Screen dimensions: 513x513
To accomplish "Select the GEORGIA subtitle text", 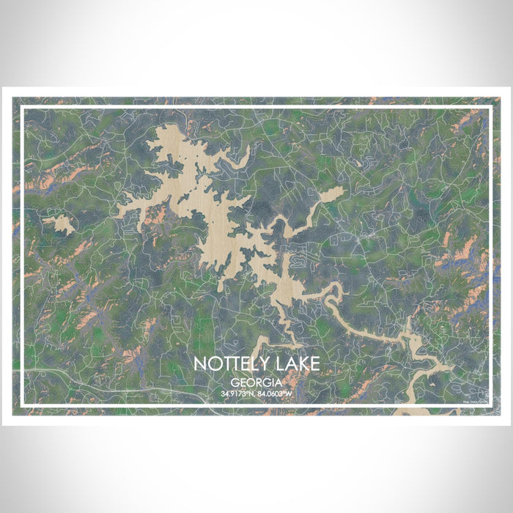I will tap(256, 382).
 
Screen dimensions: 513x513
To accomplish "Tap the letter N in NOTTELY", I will tap(200, 364).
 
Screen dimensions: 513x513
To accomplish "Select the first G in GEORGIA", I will tap(234, 382).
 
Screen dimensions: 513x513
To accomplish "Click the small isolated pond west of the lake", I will tap(59, 224).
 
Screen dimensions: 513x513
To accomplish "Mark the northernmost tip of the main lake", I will tap(173, 126).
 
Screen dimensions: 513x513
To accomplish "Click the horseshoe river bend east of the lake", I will tap(333, 293).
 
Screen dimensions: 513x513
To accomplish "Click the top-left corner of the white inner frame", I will tap(22, 108).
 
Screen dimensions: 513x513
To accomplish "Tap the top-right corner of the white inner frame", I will tap(490, 108).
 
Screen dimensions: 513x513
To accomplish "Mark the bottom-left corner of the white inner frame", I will tap(22, 405).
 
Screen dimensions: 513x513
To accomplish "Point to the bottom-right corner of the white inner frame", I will tap(490, 405).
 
